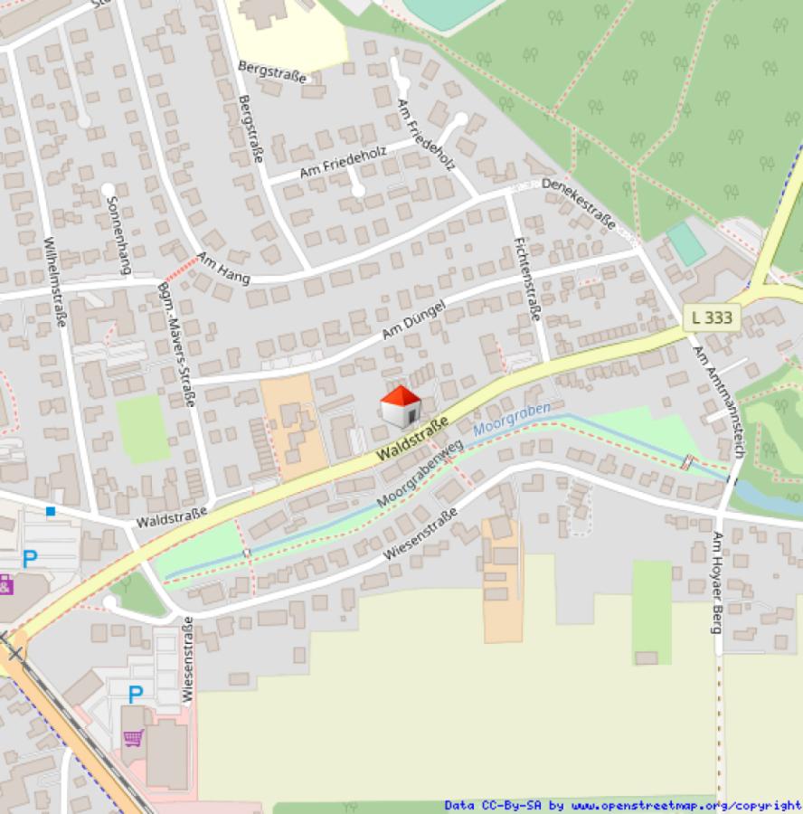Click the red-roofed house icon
[x=400, y=406]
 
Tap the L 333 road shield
[x=713, y=317]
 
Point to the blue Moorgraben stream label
[x=512, y=418]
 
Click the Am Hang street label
[x=222, y=267]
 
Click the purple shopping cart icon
[x=134, y=737]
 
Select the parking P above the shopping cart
[x=135, y=695]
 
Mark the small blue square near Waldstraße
[x=51, y=511]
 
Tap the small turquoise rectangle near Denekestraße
[x=685, y=243]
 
